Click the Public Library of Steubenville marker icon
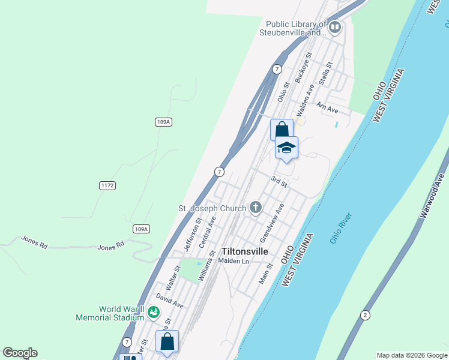[335, 27]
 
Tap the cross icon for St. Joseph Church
[256, 208]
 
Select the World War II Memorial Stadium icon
[154, 312]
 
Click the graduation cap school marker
[286, 148]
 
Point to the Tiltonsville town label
[245, 251]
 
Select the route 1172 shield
[107, 186]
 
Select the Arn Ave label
[327, 107]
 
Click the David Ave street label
[169, 300]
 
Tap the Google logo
[20, 353]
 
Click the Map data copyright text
[412, 355]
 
